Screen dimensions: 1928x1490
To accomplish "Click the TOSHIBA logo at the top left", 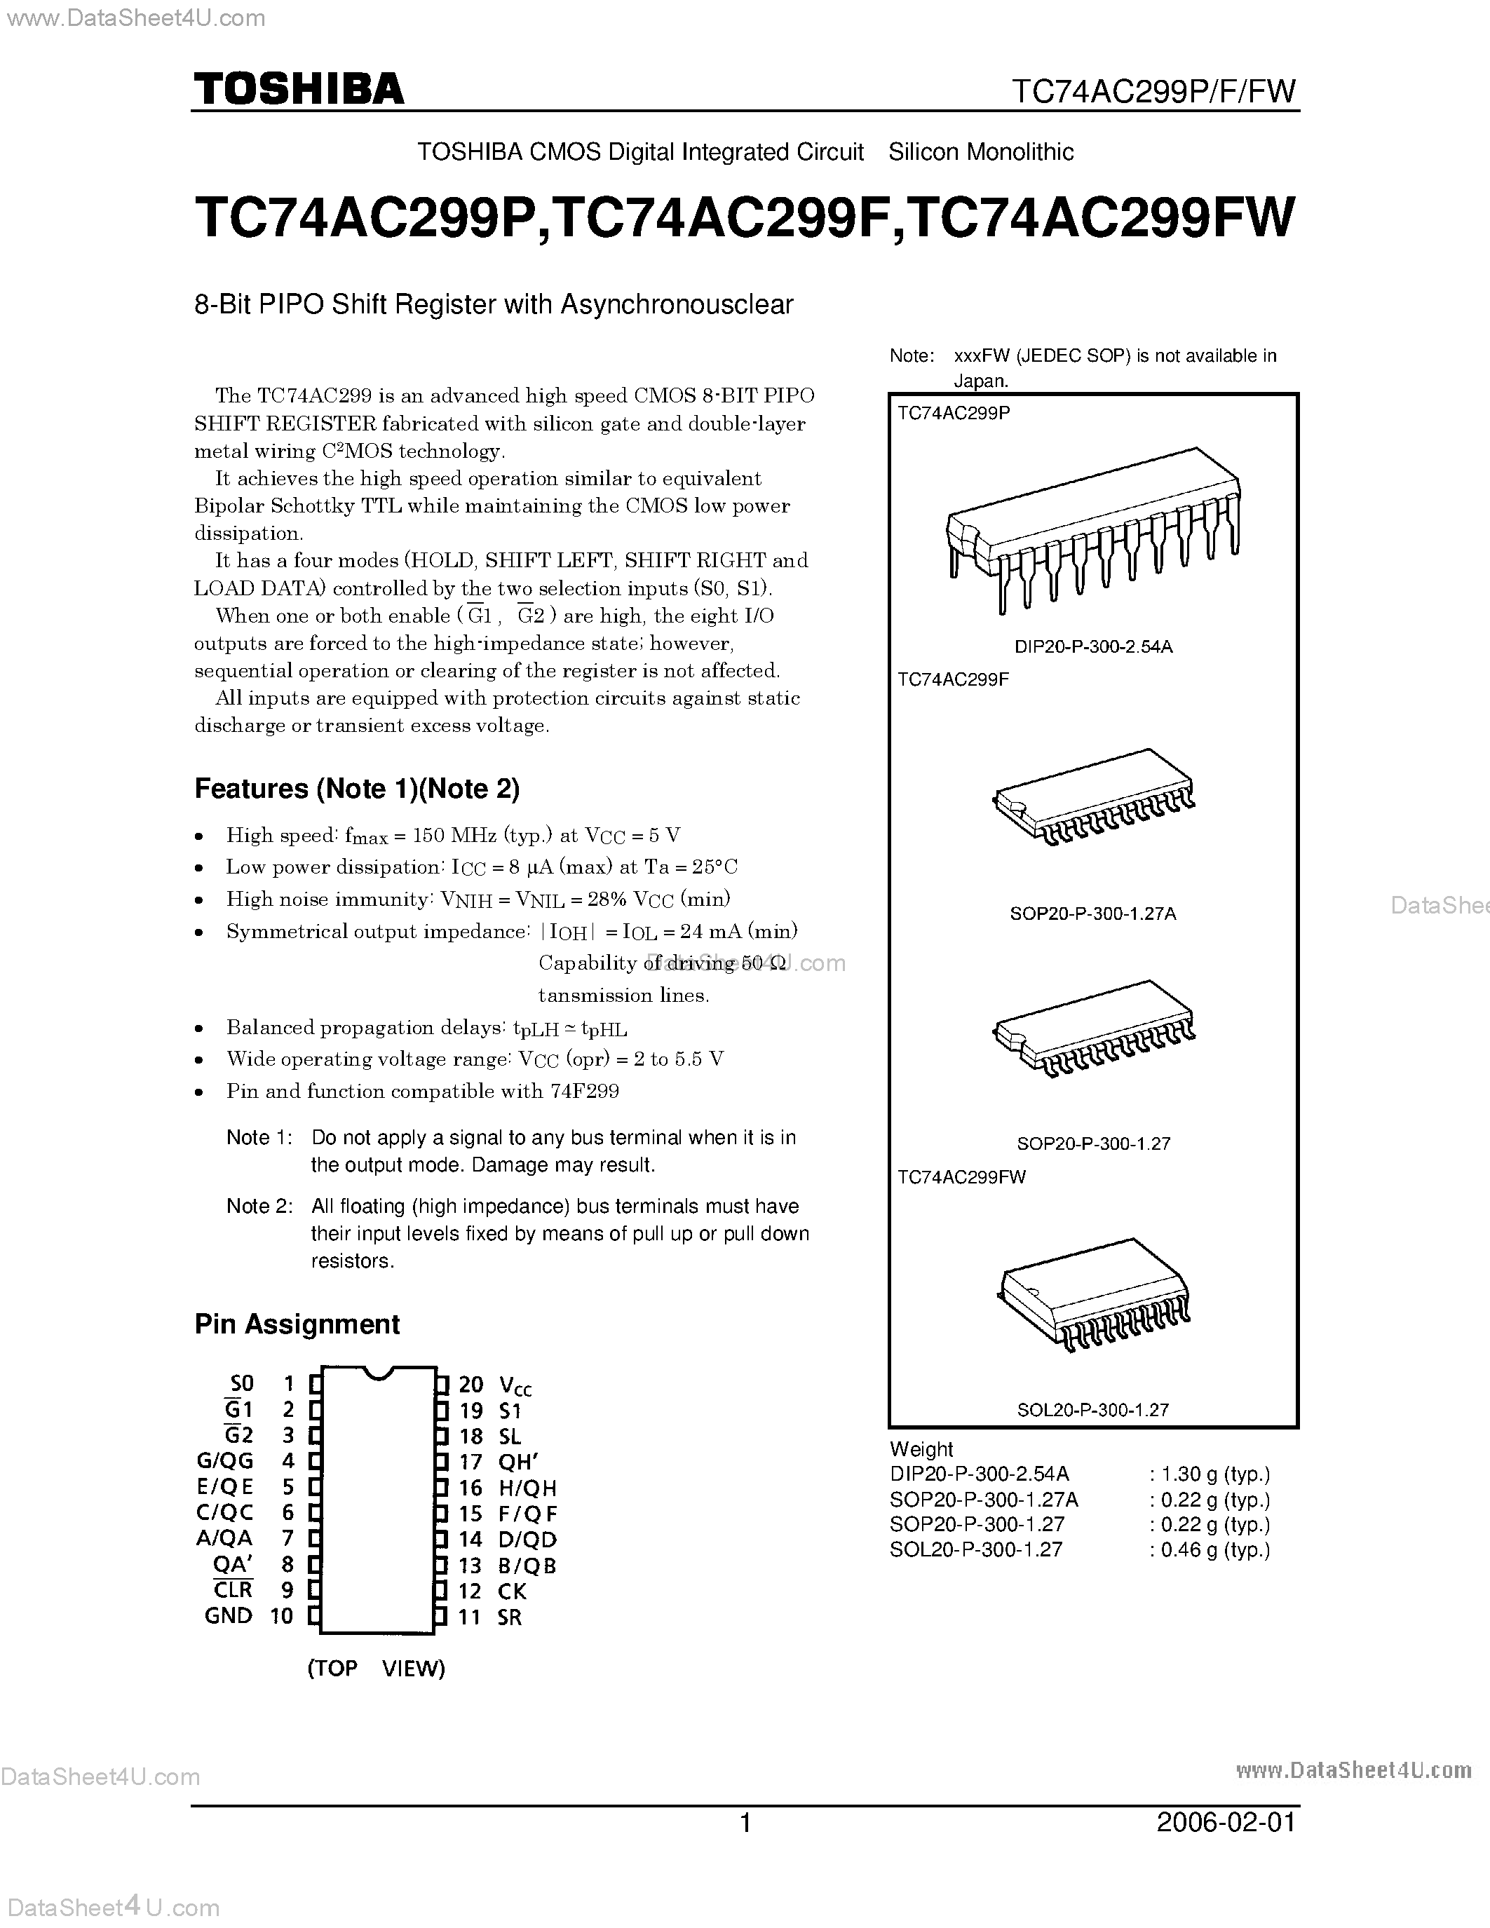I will pos(299,89).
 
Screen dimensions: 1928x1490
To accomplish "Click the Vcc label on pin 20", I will pos(515,1385).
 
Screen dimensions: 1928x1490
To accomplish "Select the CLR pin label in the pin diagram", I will pos(233,1590).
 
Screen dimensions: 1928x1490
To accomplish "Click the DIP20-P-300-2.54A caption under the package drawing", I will pos(1093,646).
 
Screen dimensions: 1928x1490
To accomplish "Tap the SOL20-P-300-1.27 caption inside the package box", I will pos(1093,1410).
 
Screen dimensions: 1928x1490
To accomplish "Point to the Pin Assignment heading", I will pos(297,1324).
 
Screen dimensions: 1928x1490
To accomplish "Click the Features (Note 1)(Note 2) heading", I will pos(357,788).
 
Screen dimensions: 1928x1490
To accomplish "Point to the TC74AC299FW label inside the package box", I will pos(961,1176).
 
